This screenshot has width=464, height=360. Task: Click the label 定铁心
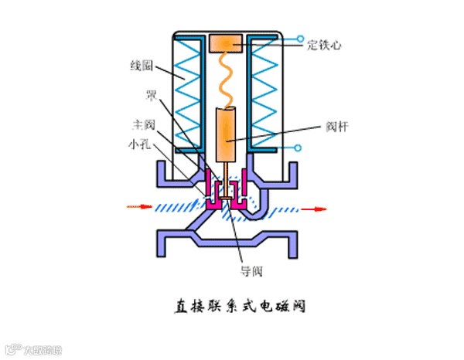point(324,45)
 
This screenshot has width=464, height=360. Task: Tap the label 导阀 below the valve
point(251,271)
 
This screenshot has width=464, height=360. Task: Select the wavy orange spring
point(227,81)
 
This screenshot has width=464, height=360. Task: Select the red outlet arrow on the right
point(314,208)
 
